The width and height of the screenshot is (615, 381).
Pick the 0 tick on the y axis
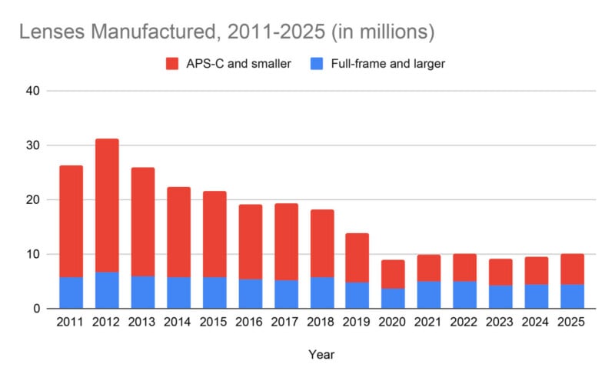point(36,309)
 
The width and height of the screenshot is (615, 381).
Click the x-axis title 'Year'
point(321,355)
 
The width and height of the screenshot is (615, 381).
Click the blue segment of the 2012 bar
point(107,290)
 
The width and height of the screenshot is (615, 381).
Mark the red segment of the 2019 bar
point(357,257)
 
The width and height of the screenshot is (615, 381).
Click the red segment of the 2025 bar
point(571,269)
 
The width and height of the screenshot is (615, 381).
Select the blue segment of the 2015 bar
point(214,292)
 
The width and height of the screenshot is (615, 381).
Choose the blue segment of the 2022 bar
point(464,295)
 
